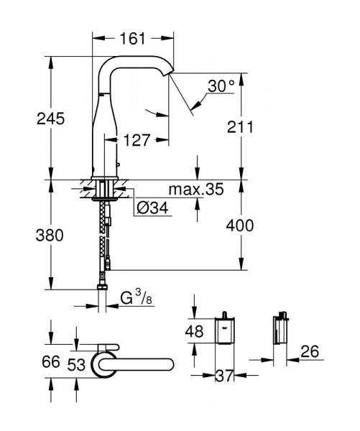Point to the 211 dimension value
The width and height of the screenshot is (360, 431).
pyautogui.click(x=241, y=127)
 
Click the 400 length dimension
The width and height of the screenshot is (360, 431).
pyautogui.click(x=239, y=225)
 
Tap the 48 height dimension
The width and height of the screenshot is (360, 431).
pyautogui.click(x=195, y=333)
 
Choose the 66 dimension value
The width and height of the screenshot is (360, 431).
pyautogui.click(x=51, y=361)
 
